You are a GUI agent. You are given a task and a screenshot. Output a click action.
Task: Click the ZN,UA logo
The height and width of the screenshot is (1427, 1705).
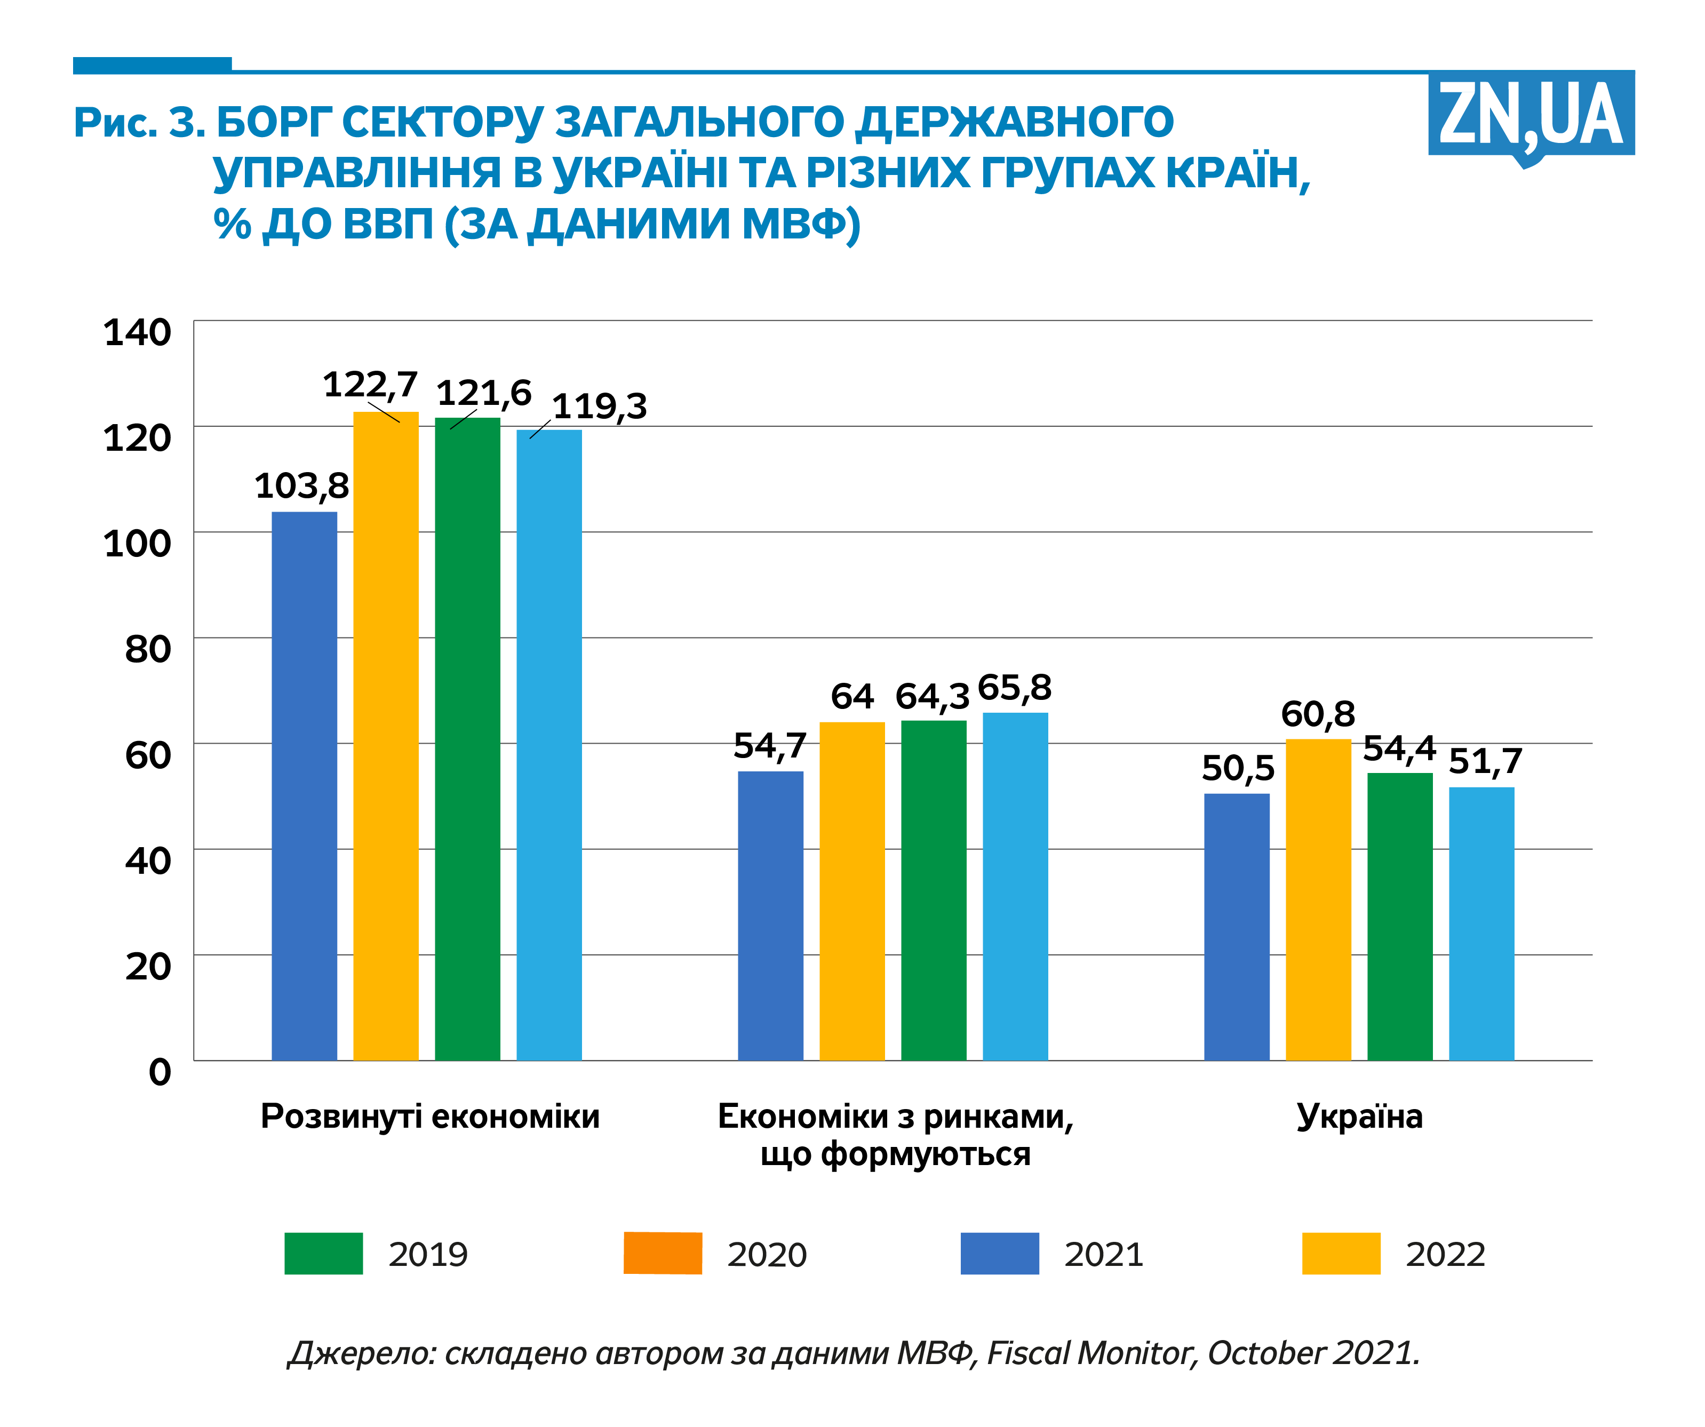(x=1531, y=115)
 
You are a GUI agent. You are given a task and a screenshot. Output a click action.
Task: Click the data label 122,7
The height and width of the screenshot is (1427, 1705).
(x=370, y=384)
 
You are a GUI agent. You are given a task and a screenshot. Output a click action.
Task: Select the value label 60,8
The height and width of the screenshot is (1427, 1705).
(x=1318, y=714)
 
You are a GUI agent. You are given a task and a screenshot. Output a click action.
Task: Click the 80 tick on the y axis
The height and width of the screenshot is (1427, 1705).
(x=148, y=649)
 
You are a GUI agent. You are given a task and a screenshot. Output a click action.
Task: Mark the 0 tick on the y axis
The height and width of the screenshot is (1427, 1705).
(x=160, y=1072)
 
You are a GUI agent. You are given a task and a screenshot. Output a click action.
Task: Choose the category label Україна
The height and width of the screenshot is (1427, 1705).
(x=1359, y=1116)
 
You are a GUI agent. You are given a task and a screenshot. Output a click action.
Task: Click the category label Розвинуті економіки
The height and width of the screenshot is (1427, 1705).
(x=431, y=1116)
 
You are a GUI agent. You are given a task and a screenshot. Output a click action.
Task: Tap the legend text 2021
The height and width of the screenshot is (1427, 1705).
(x=1103, y=1254)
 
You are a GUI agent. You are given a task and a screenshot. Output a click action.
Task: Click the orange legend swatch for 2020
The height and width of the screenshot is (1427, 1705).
(x=663, y=1253)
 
